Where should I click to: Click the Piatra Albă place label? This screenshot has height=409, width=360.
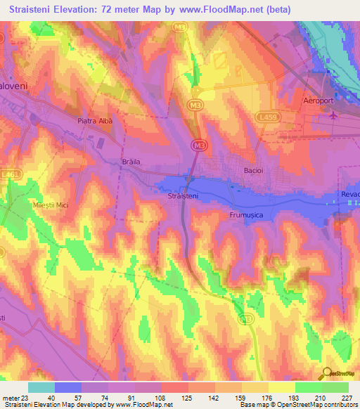[x=95, y=120]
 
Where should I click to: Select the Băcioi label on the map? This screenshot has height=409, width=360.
[x=252, y=171]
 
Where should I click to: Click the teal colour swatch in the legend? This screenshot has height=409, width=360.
[x=41, y=387]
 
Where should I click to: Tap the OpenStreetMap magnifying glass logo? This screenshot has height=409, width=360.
[x=326, y=373]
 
